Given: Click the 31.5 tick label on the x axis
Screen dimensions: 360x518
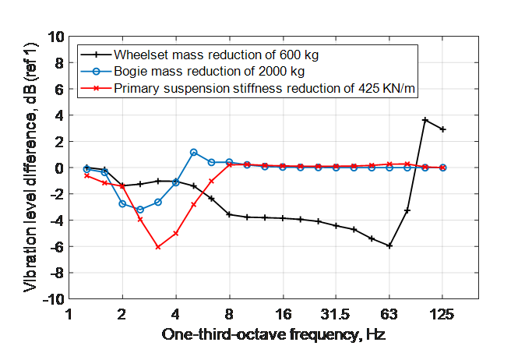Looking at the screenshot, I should [336, 314].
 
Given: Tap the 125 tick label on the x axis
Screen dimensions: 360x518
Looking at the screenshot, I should [442, 314].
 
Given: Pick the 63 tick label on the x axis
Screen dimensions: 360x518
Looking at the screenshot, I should [389, 314].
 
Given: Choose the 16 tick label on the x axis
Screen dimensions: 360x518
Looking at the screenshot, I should [283, 314].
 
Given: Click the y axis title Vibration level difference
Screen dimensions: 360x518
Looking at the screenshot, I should [31, 168].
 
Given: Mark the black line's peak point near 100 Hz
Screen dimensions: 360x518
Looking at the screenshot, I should [425, 120].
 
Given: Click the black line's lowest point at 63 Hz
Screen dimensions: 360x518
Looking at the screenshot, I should [389, 246].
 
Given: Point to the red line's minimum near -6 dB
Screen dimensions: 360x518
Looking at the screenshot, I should [158, 247].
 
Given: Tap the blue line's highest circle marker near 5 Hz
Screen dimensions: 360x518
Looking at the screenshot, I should [193, 152].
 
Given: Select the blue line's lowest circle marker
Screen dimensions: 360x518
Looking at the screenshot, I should [140, 210].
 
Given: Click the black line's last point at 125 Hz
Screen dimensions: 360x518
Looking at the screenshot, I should [442, 129].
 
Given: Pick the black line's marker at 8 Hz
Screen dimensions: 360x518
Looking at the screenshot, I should [229, 214].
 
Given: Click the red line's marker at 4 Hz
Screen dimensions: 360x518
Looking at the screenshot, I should [176, 233].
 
